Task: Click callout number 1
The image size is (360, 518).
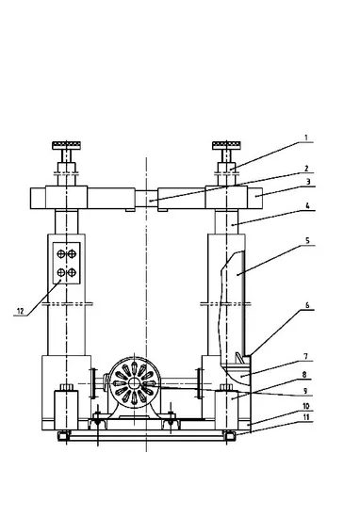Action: [306, 138]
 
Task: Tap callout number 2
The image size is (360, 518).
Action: [306, 169]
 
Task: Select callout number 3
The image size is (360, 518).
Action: [308, 182]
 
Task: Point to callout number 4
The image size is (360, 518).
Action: [307, 206]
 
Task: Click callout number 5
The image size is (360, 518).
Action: [307, 240]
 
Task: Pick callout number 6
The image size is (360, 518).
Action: [307, 305]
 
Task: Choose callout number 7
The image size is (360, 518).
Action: [306, 356]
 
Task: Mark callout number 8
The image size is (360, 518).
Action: [304, 374]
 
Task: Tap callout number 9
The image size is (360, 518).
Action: [305, 391]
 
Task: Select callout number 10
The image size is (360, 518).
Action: [305, 406]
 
